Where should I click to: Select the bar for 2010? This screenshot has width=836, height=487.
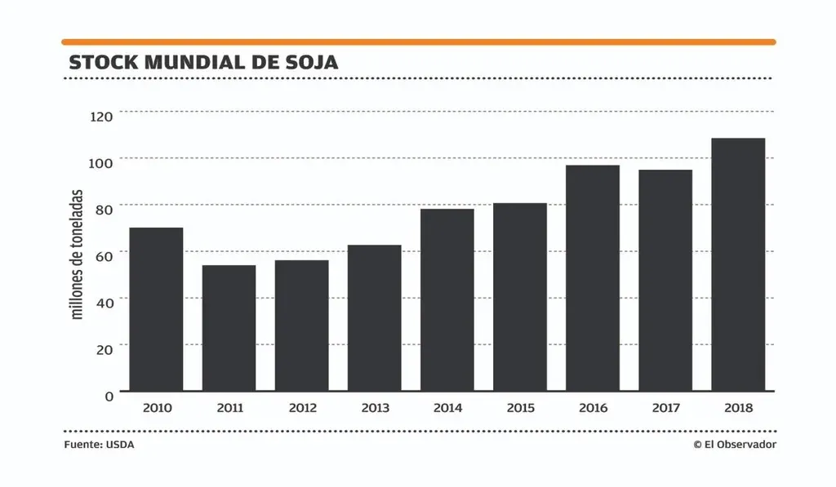coord(156,309)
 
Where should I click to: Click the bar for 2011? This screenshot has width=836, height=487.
coord(229,328)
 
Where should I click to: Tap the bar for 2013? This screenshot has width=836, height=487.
coord(374,318)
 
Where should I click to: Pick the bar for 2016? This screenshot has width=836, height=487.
coord(593,278)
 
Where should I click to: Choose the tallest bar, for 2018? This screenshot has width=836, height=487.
coord(738,264)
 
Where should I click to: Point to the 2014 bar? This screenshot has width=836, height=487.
coord(447,300)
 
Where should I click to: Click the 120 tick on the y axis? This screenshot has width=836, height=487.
coord(101,117)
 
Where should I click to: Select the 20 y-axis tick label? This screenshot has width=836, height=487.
coord(103,350)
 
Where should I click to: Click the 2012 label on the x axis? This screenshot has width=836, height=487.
coord(301,408)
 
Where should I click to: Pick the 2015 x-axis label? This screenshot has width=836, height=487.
coord(520,408)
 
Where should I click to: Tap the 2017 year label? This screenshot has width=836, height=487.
coord(665,408)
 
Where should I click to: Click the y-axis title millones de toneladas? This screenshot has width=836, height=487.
coord(78,254)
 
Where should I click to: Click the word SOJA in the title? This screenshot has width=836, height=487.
coord(311,62)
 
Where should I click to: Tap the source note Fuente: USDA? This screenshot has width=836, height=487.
coord(99,445)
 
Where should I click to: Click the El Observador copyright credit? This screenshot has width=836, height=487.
coord(735,445)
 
